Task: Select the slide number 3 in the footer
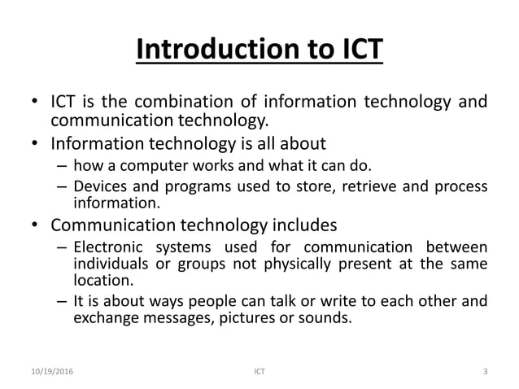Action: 485,372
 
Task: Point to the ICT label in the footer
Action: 259,372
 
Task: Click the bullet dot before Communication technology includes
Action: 35,223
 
